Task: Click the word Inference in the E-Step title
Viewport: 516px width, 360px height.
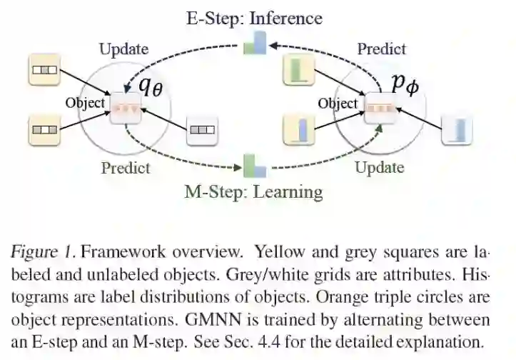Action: (x=285, y=18)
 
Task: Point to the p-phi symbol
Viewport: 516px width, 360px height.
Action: (x=404, y=83)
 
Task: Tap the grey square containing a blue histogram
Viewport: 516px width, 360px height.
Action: (x=457, y=129)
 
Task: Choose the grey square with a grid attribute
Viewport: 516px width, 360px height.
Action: (x=202, y=130)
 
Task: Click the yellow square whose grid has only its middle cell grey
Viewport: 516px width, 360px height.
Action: (x=45, y=71)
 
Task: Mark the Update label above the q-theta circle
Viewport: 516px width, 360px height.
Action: (x=123, y=49)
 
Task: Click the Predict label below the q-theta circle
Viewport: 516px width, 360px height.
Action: (x=126, y=168)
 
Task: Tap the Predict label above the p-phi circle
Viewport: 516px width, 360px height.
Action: (x=381, y=49)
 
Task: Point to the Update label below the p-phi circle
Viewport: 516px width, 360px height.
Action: (x=380, y=168)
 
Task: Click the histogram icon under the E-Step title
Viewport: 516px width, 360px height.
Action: (x=255, y=44)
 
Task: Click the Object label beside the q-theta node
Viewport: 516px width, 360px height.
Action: (x=85, y=103)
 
